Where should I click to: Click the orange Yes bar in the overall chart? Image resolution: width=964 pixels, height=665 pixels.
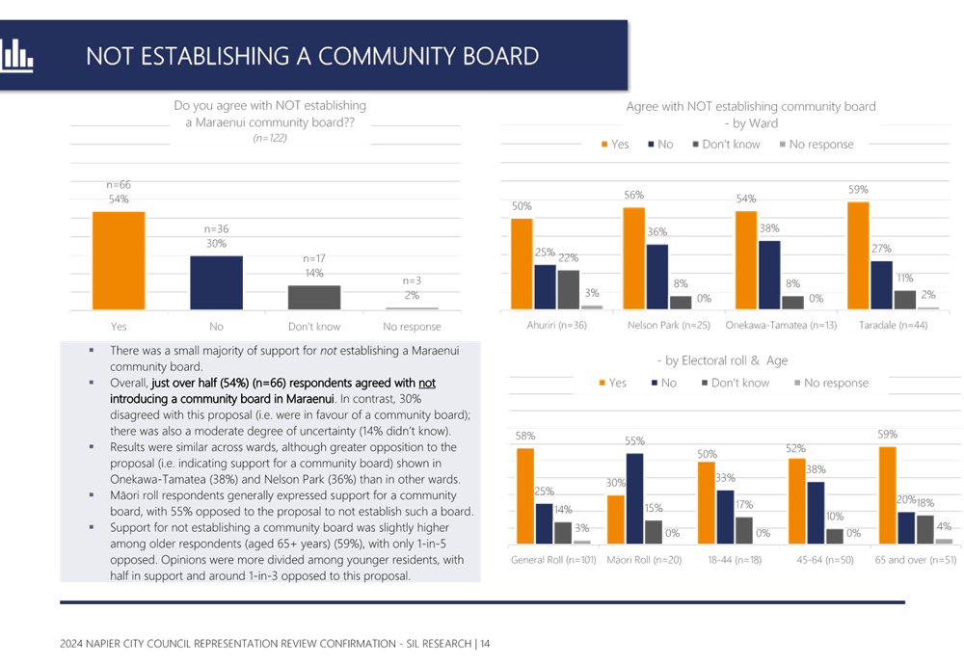(x=119, y=259)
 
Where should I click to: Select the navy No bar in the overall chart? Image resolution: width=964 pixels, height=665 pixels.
(x=216, y=281)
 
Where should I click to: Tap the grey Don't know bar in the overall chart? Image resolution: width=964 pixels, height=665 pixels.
(x=314, y=296)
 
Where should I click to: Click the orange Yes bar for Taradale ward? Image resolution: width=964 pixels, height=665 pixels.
(x=858, y=254)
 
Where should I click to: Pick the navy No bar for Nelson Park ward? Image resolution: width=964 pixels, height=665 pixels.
(x=657, y=276)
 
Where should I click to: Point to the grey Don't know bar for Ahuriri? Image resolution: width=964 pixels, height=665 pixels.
(x=569, y=288)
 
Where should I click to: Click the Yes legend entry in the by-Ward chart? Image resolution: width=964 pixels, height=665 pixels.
(x=614, y=145)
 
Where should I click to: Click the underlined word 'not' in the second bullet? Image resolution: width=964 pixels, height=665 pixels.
(x=427, y=383)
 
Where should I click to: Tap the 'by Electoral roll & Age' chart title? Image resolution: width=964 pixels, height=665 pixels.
(x=721, y=359)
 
